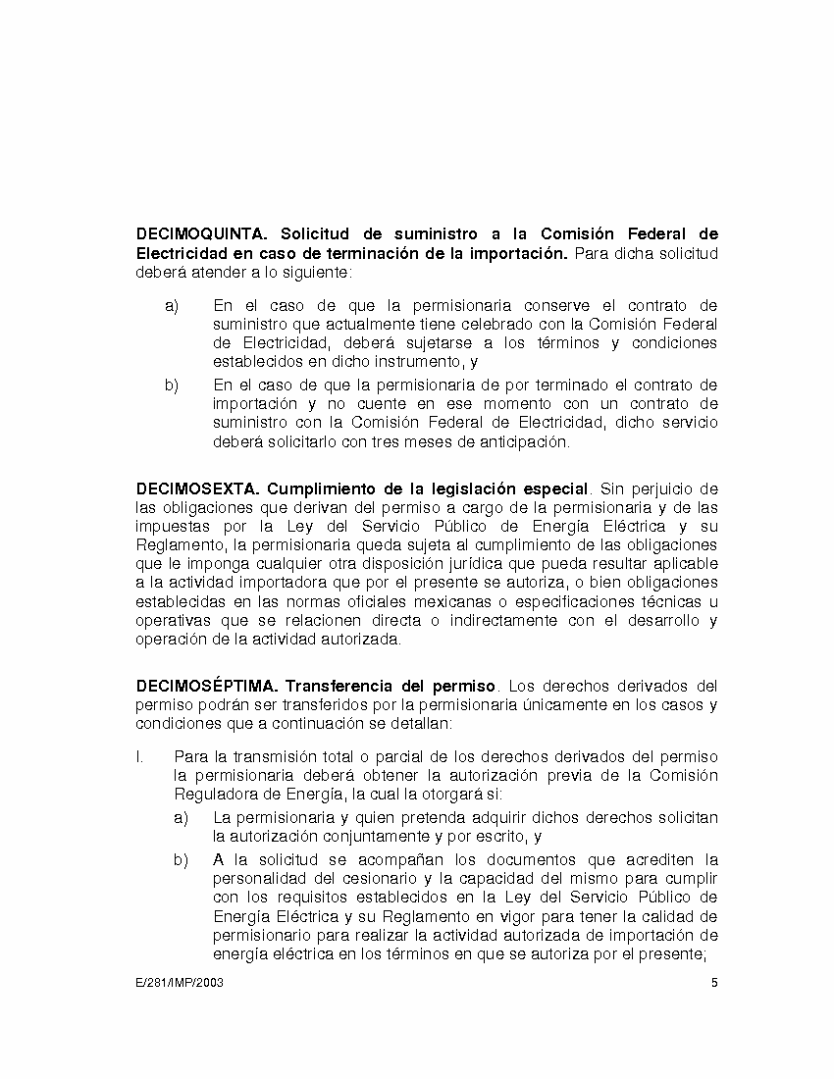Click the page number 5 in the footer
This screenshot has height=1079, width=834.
coord(714,983)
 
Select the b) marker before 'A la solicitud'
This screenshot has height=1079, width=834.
coord(181,860)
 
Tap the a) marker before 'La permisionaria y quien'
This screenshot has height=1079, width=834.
coord(181,818)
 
